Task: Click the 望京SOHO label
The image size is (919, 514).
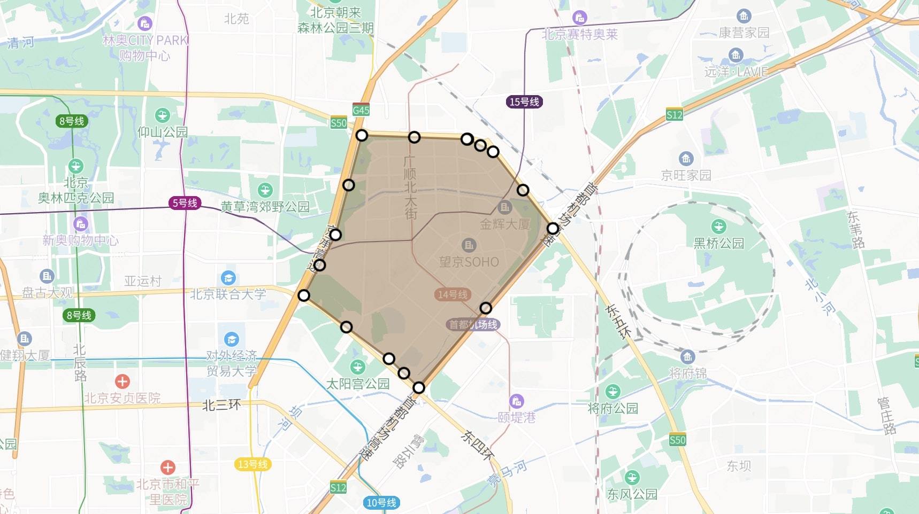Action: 469,262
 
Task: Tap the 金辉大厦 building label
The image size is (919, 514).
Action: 504,224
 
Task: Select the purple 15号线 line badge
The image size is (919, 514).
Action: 524,102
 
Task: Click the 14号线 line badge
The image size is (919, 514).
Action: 453,294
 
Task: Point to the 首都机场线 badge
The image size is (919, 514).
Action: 473,324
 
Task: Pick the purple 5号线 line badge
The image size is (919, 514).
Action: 185,203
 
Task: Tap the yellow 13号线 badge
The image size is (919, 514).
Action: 252,464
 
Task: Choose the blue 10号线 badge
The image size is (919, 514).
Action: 381,502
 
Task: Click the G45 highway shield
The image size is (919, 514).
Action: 361,110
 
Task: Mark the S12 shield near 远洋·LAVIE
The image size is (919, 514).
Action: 675,114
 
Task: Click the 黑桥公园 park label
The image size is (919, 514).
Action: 718,243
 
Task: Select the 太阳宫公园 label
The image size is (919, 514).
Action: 358,384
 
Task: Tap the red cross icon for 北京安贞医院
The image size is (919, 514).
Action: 122,381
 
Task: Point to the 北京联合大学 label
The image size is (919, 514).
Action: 228,294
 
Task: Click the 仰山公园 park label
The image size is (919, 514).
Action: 163,131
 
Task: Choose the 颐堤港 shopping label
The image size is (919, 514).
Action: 516,417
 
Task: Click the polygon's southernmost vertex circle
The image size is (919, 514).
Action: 419,387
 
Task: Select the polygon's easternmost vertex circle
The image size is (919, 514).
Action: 553,229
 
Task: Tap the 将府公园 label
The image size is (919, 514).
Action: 613,408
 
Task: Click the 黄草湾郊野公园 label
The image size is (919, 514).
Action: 265,207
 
